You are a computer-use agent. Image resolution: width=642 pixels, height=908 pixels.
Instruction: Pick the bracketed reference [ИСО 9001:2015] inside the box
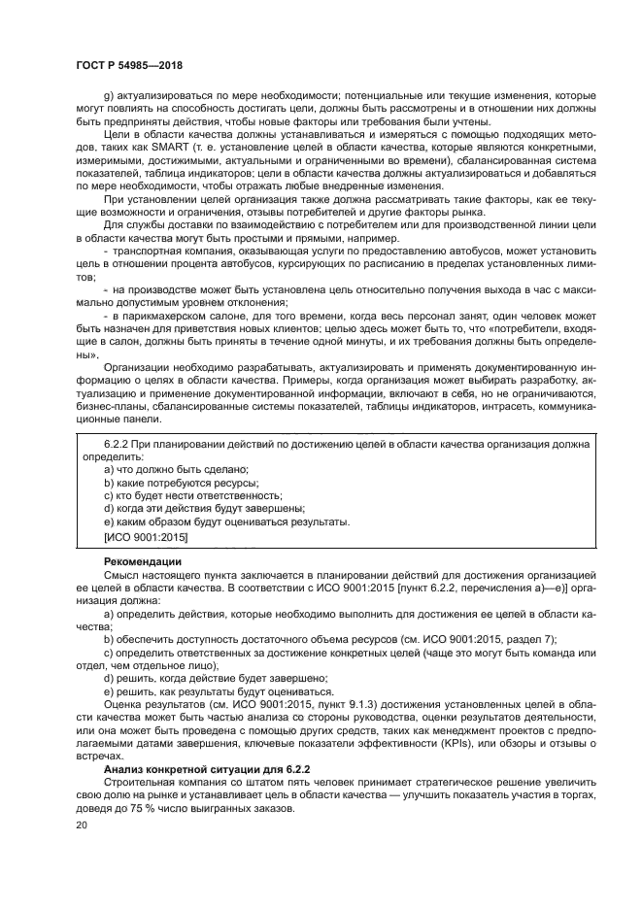[x=145, y=535]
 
